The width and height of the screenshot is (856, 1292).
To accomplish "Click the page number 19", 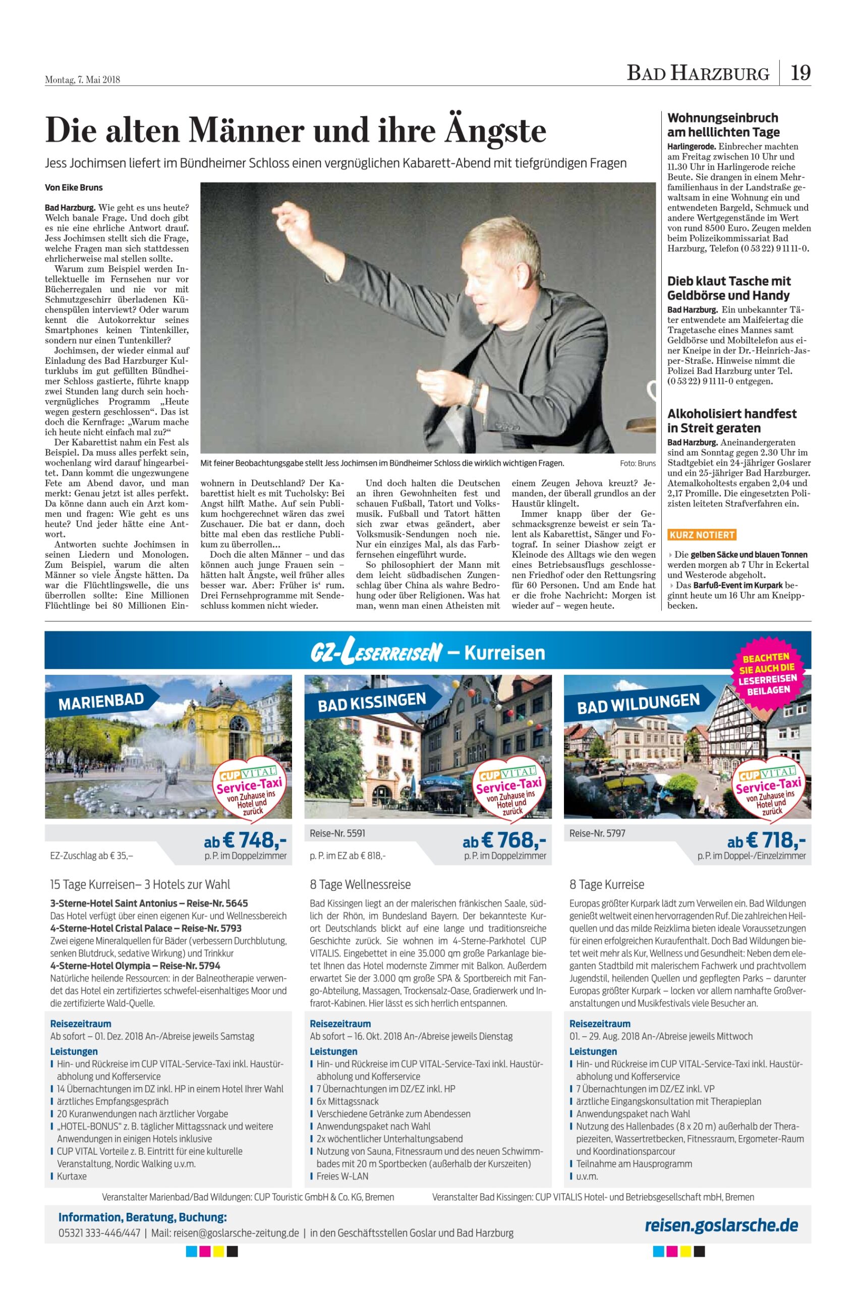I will pos(801,73).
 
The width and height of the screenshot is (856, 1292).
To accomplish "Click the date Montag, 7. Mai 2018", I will pos(82,80).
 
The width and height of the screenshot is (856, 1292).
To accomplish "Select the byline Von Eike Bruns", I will pos(74,187).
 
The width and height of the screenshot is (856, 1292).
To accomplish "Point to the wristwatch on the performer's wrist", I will pos(474,391).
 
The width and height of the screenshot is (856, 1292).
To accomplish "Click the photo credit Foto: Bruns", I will pos(638,463).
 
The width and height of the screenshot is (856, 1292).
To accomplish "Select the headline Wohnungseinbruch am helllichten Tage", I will pos(723,125).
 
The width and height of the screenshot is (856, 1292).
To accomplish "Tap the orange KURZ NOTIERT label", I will pos(702,534).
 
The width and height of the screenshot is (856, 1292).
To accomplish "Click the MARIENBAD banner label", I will pos(101,702).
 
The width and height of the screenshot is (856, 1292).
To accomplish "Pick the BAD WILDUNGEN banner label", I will pos(638,704).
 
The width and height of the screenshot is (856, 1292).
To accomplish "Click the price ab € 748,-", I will pos(245,840).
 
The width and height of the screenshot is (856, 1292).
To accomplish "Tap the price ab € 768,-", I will pos(504,840).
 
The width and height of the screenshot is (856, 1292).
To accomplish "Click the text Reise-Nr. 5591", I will pos(337,833).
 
